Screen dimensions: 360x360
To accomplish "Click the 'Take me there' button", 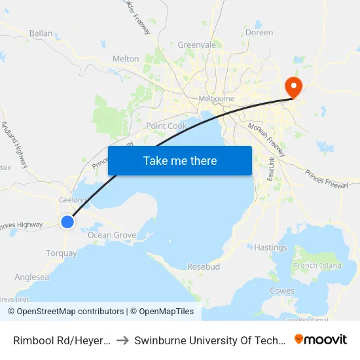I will [x=180, y=160].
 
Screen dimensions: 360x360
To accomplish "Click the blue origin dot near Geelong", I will [x=67, y=222].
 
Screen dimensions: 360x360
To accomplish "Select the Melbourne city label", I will [x=216, y=99].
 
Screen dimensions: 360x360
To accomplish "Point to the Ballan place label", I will [x=41, y=33].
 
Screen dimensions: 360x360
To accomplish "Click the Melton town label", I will [x=126, y=58].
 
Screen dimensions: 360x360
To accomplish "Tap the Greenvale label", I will [x=197, y=45].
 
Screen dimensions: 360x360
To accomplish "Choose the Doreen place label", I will [x=259, y=32].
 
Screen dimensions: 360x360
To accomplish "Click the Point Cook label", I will [x=166, y=126].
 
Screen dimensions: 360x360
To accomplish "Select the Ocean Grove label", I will [x=112, y=235].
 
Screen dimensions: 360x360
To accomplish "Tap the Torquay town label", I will [x=62, y=253].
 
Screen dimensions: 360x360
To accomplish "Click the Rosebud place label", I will [x=203, y=267].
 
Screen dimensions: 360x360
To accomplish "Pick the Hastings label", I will [x=270, y=247].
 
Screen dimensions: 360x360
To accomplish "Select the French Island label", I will [x=318, y=266].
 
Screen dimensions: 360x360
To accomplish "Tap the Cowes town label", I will [x=282, y=291].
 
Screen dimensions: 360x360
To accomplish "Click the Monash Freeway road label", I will [x=266, y=139].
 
